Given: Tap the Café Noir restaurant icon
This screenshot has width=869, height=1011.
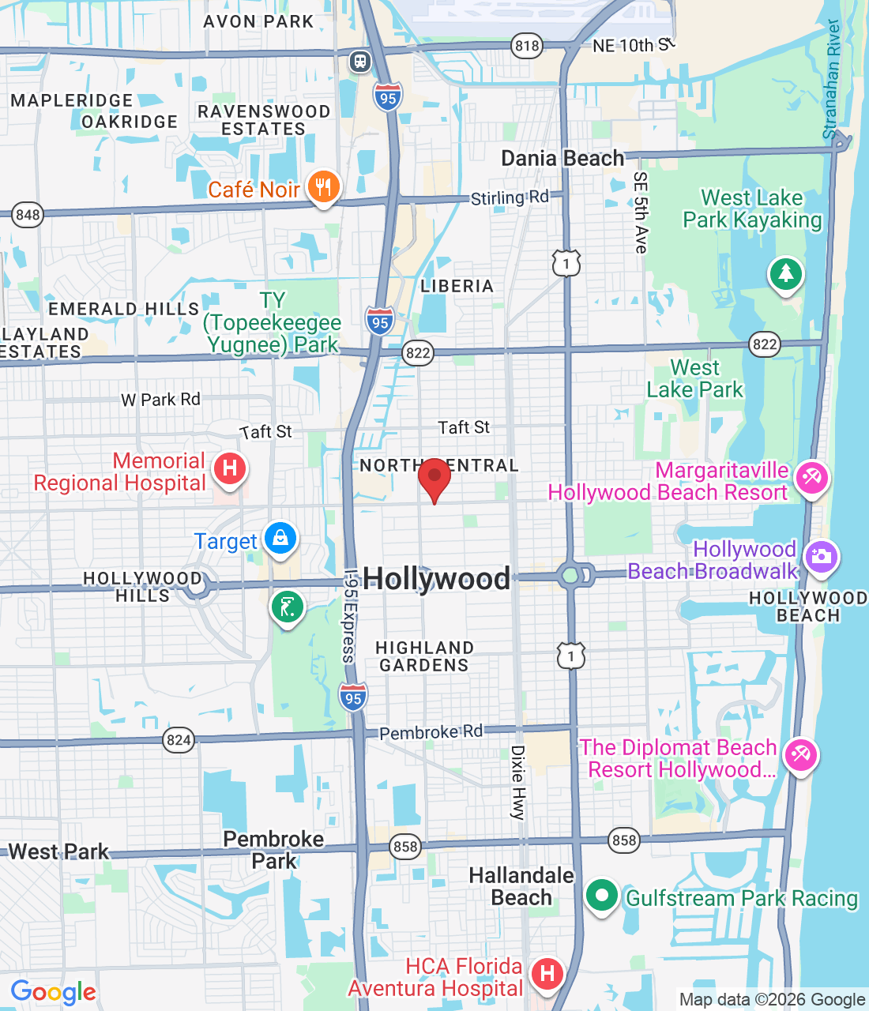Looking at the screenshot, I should click(x=323, y=187).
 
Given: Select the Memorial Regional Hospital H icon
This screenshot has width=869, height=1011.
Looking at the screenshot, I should click(x=230, y=468).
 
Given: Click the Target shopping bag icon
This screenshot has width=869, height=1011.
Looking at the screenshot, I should click(x=280, y=539).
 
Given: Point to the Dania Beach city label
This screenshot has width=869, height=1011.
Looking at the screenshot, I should click(x=562, y=159).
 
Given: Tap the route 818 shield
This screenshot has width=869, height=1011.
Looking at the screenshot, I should click(x=527, y=46).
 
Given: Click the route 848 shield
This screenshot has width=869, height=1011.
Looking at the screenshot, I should click(x=28, y=215).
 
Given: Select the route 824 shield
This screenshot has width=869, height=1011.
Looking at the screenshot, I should click(x=179, y=740).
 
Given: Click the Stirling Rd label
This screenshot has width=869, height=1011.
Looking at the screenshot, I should click(x=510, y=197).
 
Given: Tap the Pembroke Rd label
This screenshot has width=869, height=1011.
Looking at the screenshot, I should click(x=431, y=732).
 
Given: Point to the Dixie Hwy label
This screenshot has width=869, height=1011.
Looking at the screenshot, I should click(x=518, y=782).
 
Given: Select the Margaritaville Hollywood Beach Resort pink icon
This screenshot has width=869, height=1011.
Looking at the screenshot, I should click(x=812, y=477).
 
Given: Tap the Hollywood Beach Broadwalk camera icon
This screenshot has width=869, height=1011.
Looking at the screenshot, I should click(x=822, y=556).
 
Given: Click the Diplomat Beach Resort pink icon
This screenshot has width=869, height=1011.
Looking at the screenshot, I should click(x=800, y=755).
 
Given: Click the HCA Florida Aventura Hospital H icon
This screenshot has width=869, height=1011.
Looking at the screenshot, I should click(x=547, y=973).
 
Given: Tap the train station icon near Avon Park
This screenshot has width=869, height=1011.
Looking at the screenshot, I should click(x=360, y=61).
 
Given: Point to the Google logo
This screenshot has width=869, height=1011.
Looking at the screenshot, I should click(x=54, y=992).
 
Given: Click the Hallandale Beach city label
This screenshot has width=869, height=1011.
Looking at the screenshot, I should click(x=521, y=886).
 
